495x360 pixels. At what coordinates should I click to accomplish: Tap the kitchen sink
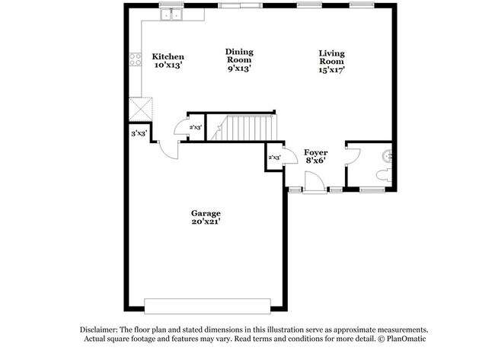(x=171, y=14)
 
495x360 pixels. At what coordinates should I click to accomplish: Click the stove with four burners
(x=135, y=59)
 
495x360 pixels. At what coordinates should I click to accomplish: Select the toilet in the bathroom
(x=385, y=175)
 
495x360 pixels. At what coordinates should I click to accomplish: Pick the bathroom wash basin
(x=388, y=156)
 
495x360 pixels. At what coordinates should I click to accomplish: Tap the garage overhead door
(x=207, y=306)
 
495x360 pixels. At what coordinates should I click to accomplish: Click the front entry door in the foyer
(x=315, y=182)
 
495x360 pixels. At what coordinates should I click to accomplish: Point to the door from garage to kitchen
(x=169, y=151)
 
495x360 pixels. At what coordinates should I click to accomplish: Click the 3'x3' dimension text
(x=139, y=134)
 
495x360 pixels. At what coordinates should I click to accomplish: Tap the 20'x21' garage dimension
(x=206, y=221)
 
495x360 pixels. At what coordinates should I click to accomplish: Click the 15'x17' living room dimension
(x=331, y=70)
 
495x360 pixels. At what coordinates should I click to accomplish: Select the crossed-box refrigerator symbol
(x=141, y=109)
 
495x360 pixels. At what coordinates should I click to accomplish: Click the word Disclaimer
(x=99, y=330)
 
